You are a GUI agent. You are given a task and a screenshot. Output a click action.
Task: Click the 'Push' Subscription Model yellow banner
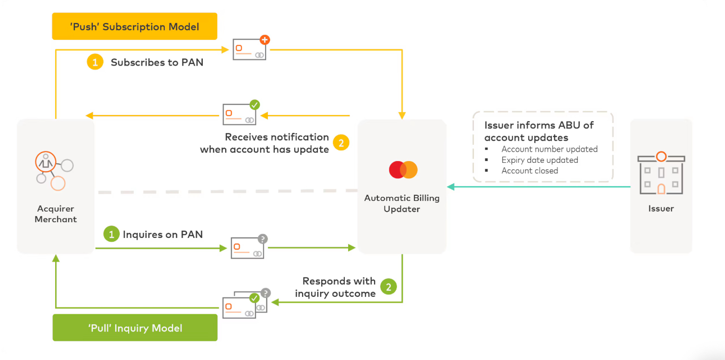pyautogui.click(x=135, y=26)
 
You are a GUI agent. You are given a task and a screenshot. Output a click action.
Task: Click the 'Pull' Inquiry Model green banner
pyautogui.click(x=135, y=328)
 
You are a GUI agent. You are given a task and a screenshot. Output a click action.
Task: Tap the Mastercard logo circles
pyautogui.click(x=403, y=170)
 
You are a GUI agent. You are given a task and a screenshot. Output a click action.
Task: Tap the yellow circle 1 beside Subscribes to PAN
pyautogui.click(x=95, y=62)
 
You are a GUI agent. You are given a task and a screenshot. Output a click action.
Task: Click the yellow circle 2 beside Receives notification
pyautogui.click(x=341, y=143)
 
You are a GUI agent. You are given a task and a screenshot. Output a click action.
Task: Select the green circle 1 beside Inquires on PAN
pyautogui.click(x=111, y=234)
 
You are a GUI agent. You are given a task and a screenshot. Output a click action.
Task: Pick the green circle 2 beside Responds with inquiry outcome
pyautogui.click(x=388, y=287)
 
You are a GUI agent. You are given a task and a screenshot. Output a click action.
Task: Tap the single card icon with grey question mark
pyautogui.click(x=248, y=247)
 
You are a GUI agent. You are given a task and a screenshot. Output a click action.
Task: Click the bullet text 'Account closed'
pyautogui.click(x=530, y=171)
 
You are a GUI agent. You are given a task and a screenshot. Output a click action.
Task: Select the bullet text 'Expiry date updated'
pyautogui.click(x=539, y=160)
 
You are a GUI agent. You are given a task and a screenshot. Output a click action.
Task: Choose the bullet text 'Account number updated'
pyautogui.click(x=549, y=149)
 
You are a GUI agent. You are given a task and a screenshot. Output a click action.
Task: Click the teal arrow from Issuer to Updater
pyautogui.click(x=538, y=186)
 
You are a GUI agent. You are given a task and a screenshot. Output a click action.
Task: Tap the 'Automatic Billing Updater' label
pyautogui.click(x=401, y=204)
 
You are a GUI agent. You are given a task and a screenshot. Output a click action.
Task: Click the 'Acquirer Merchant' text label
pyautogui.click(x=56, y=214)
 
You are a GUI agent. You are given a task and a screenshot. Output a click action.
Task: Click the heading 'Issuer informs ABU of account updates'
pyautogui.click(x=539, y=131)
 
